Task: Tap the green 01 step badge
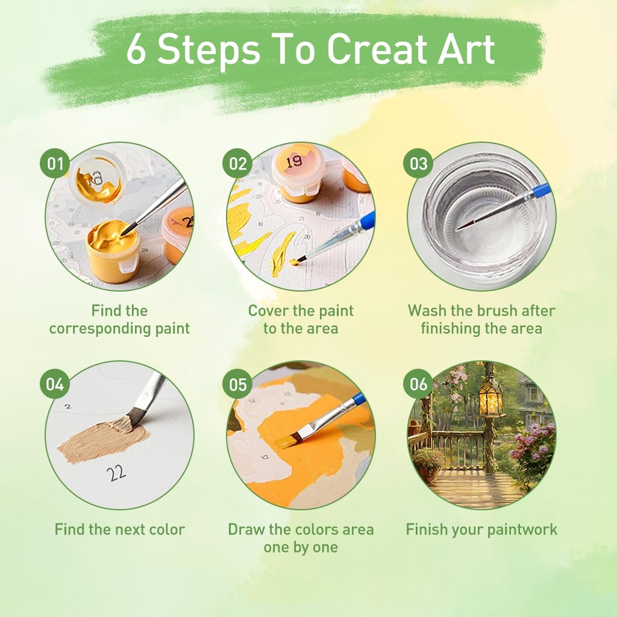tap(55, 163)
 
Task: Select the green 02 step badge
tap(237, 163)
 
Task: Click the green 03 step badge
tap(418, 163)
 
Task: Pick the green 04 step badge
tap(55, 384)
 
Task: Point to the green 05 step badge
tap(237, 384)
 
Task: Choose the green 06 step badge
tap(418, 384)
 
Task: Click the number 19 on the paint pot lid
tap(294, 161)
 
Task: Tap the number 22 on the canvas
tap(116, 473)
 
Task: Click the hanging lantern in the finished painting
tap(491, 398)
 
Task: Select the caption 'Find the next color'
tap(119, 530)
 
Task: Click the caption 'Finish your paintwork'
tap(481, 530)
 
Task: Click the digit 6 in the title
tap(136, 51)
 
